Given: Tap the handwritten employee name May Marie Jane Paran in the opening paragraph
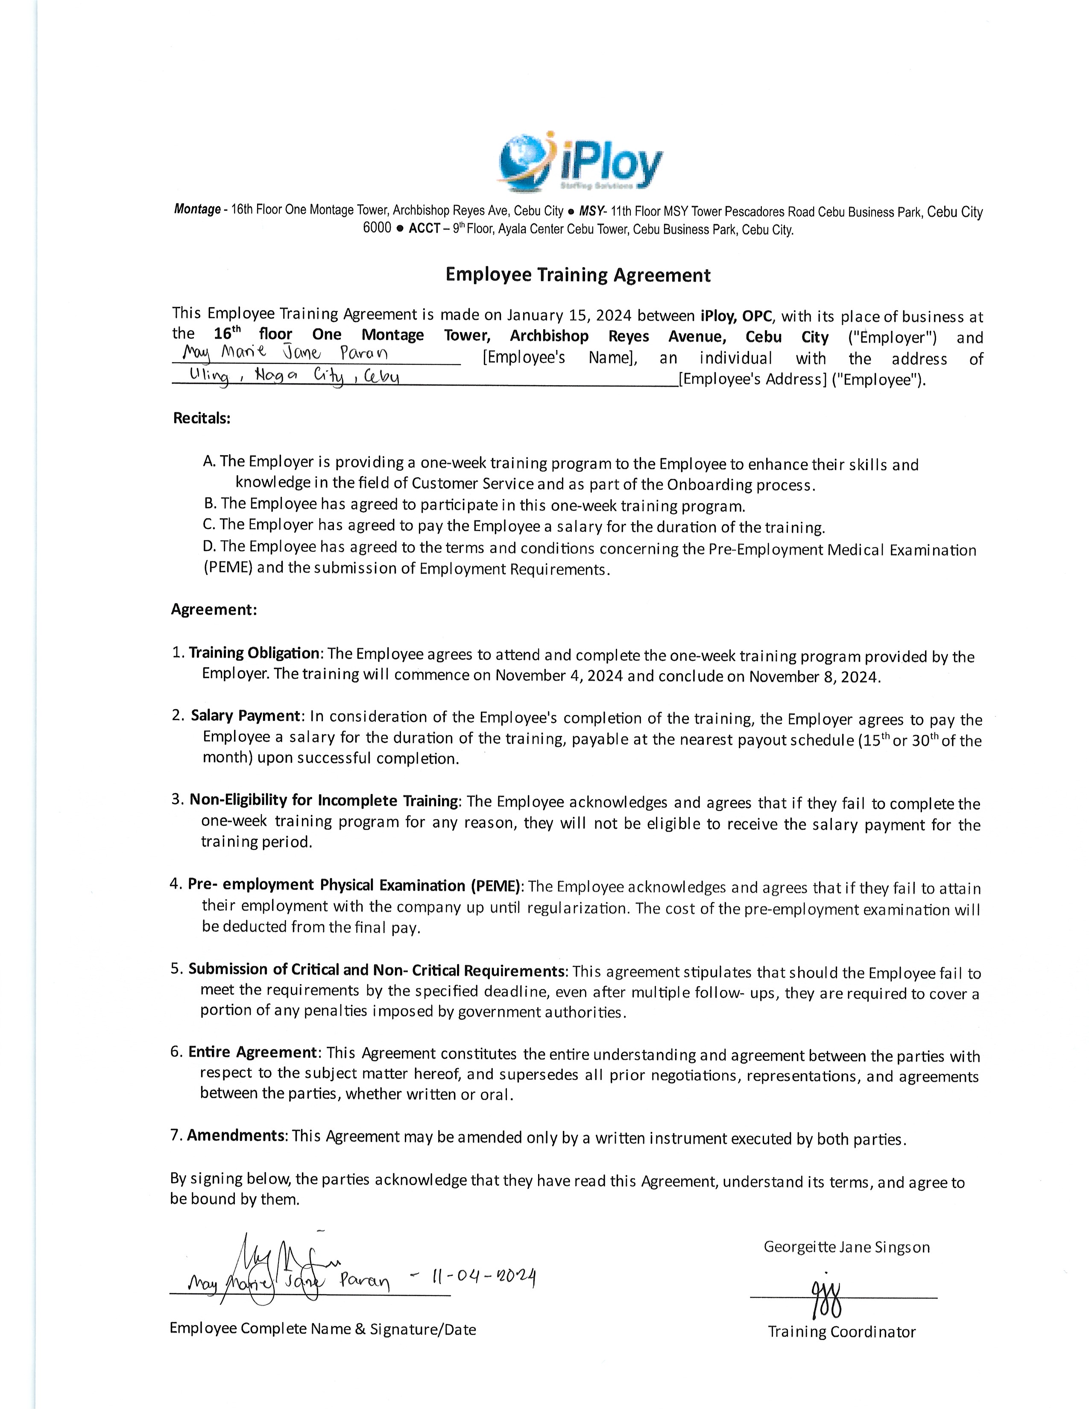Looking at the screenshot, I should click(285, 354).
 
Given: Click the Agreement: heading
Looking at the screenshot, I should click(214, 610).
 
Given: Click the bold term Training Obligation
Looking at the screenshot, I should click(254, 653).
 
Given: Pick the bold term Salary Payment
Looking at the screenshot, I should click(245, 716).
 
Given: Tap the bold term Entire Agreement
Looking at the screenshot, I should click(252, 1052).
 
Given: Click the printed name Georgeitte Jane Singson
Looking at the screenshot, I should click(846, 1247).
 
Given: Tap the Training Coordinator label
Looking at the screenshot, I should click(841, 1332).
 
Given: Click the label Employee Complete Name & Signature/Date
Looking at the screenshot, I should click(322, 1329).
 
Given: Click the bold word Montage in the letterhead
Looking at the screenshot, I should click(197, 209).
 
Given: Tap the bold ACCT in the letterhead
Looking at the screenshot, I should click(424, 228).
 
